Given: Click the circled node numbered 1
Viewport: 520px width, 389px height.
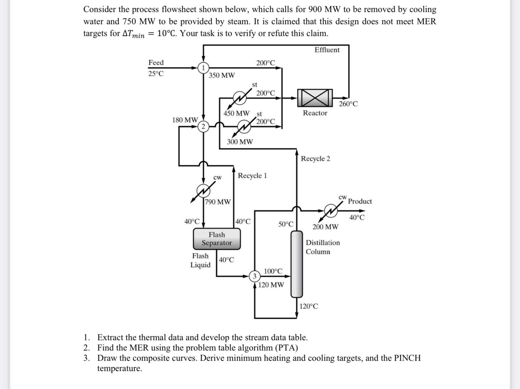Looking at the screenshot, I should (x=203, y=67).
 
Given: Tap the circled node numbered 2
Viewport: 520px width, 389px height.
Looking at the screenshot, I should (x=203, y=126).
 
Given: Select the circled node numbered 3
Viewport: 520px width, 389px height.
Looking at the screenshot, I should (x=255, y=276).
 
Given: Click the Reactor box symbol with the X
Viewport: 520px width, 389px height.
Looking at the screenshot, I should (x=315, y=98).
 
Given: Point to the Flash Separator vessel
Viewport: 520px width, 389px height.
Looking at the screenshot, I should (x=217, y=239).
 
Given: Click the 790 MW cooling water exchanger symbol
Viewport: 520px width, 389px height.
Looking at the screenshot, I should (x=203, y=190).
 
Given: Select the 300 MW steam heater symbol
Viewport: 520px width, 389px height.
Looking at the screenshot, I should (x=244, y=127).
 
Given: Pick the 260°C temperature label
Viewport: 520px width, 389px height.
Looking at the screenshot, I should (x=348, y=104).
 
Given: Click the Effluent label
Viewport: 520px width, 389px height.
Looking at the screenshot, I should (x=327, y=50).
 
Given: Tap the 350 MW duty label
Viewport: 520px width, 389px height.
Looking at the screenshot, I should (x=222, y=75).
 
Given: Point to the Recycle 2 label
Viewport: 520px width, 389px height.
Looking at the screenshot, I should (x=315, y=158).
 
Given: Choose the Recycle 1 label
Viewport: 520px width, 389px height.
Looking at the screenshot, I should (x=252, y=176).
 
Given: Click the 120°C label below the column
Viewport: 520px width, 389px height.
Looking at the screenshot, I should (x=309, y=306).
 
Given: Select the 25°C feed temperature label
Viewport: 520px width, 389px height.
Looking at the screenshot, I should (x=156, y=74).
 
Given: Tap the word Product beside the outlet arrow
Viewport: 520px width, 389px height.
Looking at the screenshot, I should (x=360, y=201).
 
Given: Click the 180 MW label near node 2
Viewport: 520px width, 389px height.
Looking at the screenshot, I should (x=185, y=120).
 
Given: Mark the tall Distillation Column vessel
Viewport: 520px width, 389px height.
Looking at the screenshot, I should (x=296, y=264).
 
